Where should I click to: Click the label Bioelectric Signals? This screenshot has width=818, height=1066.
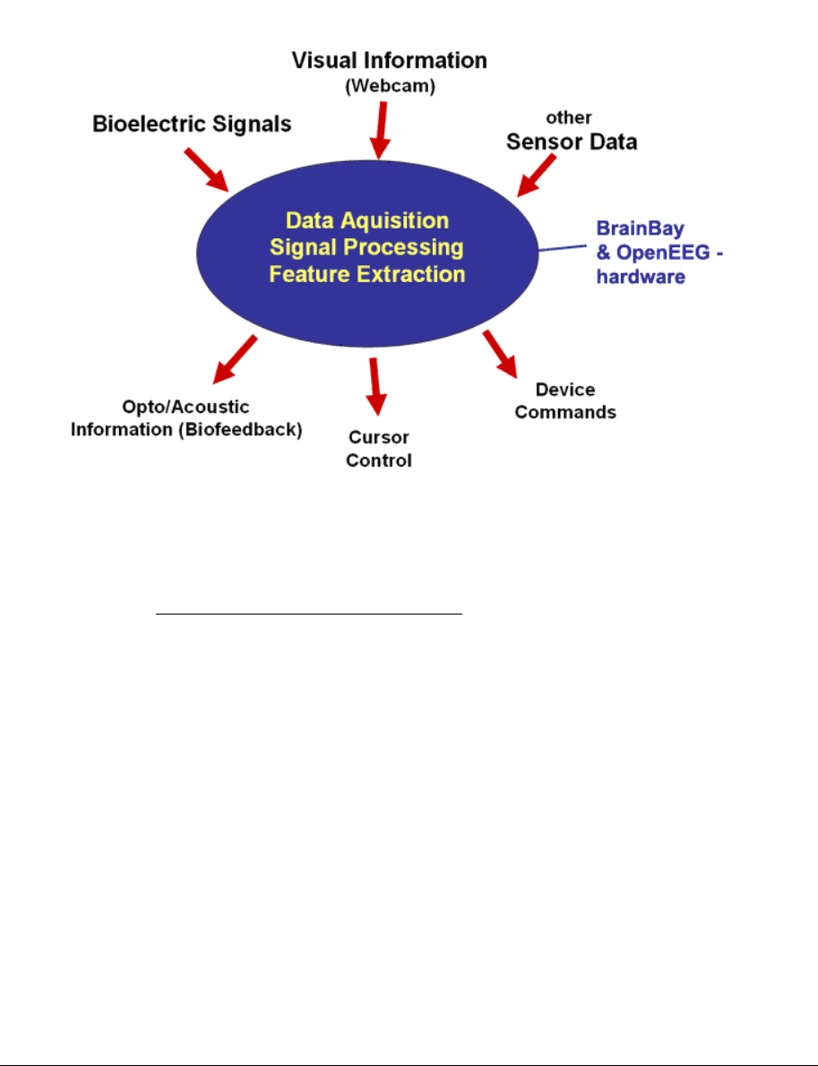[x=192, y=124]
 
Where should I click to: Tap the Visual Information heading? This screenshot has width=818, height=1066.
[x=390, y=61]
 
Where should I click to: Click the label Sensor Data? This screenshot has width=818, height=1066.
[x=572, y=142]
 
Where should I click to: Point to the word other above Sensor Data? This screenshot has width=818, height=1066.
[x=572, y=117]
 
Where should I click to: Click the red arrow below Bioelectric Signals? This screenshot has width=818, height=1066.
[x=208, y=169]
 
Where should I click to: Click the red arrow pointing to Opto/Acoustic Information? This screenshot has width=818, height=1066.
[x=235, y=357]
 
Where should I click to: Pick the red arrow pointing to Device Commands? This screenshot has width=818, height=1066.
[x=500, y=354]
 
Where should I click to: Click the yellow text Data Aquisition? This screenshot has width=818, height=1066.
[x=366, y=220]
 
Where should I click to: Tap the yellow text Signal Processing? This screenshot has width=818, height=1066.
[x=366, y=246]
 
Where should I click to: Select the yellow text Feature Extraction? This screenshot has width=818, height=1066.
[x=366, y=273]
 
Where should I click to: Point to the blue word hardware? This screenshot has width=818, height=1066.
[x=641, y=277]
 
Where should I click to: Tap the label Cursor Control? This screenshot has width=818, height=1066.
[x=379, y=449]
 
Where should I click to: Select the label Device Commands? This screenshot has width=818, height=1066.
[x=565, y=400]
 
